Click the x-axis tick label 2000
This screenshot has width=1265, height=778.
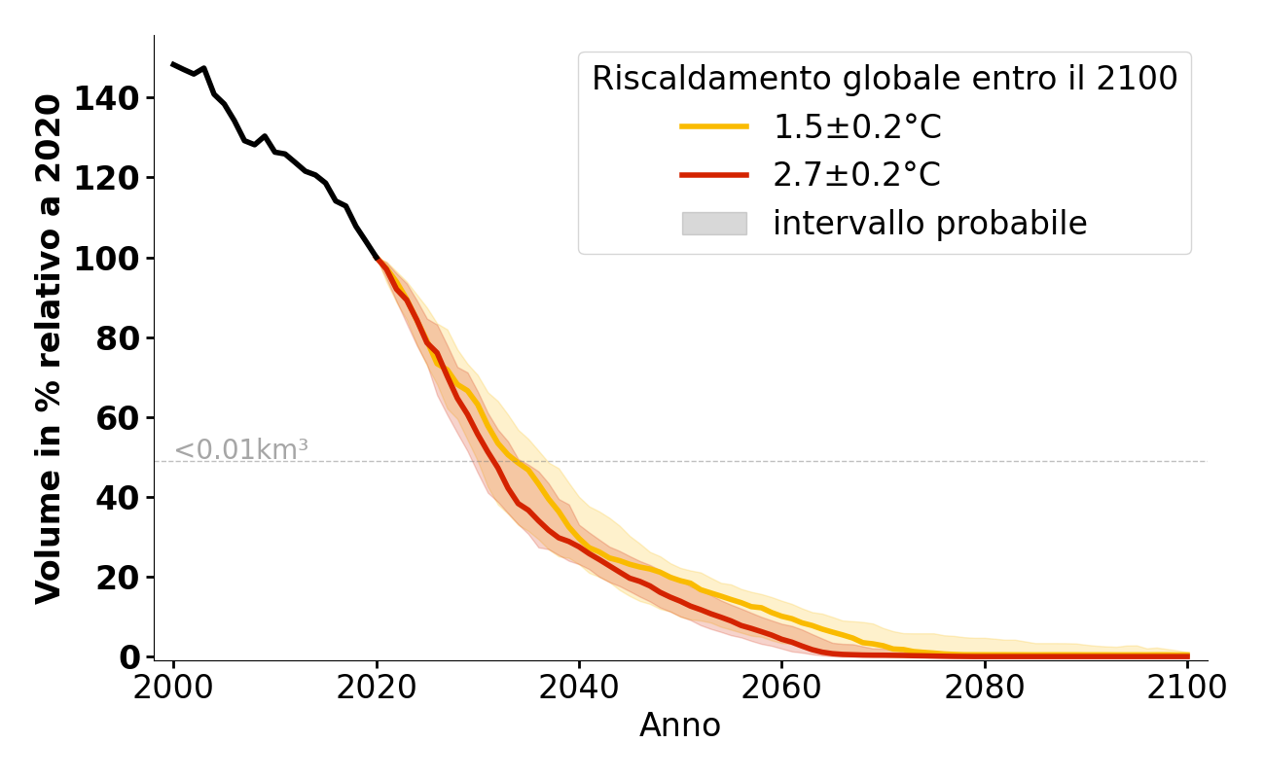coord(173,689)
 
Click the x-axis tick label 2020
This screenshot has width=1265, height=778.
coord(377,689)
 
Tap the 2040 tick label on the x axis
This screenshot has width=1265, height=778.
coord(579,689)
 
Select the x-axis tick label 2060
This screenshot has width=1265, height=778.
coord(781,689)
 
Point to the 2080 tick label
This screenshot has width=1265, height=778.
coord(985,689)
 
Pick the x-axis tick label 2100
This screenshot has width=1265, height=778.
coord(1187,689)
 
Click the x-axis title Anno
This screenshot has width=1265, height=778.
coord(680,725)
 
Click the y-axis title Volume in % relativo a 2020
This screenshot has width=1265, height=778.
coord(49,348)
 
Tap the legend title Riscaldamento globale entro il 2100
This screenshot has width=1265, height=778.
coord(885,79)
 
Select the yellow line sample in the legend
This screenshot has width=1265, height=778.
coord(713,126)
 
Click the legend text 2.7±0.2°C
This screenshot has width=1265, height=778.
coord(856,175)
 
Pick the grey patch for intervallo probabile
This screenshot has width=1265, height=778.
coord(713,224)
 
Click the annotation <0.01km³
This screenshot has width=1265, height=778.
coord(240,450)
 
